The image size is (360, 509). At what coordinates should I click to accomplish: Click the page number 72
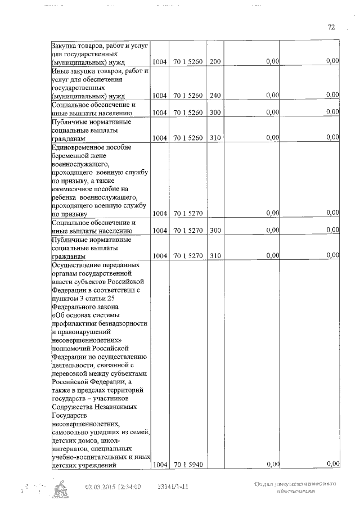point(331,26)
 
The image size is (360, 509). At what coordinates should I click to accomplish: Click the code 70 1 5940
point(188,465)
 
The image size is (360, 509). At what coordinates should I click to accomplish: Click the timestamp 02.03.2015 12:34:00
point(113,487)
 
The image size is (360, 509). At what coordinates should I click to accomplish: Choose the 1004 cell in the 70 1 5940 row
point(160,465)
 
